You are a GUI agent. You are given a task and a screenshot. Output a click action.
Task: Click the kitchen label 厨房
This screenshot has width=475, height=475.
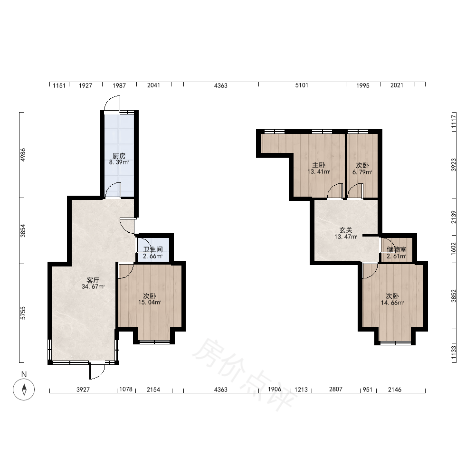coord(119,156)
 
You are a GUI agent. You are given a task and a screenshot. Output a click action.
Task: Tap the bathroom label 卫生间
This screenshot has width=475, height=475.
coord(153,250)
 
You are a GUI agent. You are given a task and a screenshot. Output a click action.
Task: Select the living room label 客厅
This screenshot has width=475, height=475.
coord(93,280)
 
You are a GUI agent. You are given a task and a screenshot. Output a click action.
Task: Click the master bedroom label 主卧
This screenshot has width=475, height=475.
coord(319,165)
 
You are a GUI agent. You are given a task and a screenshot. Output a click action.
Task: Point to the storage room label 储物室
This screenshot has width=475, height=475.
coord(397,250)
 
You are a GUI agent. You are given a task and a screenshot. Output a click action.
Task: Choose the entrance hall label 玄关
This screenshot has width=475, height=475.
coord(346,230)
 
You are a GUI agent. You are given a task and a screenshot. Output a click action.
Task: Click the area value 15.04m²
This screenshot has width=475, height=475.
coord(150,302)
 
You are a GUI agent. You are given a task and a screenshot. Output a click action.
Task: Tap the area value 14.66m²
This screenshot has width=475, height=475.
coord(392,303)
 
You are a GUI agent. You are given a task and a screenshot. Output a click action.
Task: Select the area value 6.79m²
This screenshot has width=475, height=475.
coord(362,172)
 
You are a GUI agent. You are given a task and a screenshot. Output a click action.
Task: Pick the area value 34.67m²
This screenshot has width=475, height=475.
coord(93,286)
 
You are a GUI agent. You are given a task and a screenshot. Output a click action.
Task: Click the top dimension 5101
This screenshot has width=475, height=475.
coord(302,85)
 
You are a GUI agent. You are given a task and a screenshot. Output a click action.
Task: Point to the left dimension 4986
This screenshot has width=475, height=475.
coord(23,154)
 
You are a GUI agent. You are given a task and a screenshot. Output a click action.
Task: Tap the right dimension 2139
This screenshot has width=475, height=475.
coord(454,217)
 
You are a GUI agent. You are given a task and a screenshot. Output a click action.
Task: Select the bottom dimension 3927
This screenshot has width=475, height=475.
coord(83,389)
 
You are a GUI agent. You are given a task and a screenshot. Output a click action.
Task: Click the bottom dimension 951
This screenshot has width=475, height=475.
coord(368,389)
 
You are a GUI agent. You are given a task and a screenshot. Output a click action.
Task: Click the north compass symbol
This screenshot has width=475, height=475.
coord(24,389)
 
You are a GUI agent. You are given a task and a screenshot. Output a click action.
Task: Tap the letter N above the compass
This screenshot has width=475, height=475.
coord(24,374)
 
